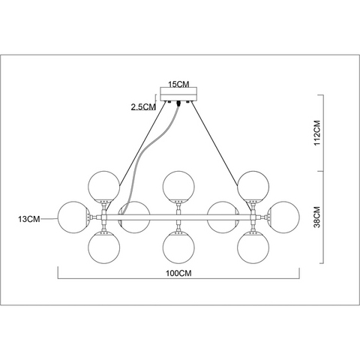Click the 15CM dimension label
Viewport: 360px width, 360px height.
178,84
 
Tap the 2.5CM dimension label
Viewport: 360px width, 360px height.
143,107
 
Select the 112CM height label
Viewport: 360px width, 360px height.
317,133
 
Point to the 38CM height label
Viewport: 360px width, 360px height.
317,217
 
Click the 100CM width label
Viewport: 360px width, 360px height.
178,273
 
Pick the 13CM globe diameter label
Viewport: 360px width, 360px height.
29,219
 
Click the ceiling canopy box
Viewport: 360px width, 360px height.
178,94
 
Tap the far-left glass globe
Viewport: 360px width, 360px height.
73,217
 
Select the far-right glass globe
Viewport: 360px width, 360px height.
283,217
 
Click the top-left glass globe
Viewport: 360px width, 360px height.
104,186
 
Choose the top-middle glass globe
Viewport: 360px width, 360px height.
178,186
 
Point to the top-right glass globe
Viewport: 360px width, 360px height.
253,186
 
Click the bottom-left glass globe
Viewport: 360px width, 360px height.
104,247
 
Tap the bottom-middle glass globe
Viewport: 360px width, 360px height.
178,247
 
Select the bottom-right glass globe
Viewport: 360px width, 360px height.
253,247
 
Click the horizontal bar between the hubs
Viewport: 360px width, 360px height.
178,217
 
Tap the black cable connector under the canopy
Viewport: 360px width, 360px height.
178,103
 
